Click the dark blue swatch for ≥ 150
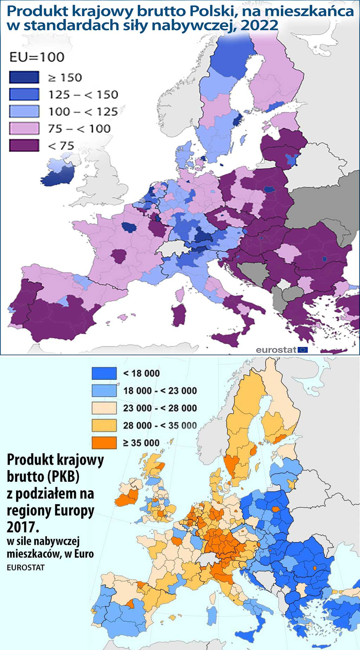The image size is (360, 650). [24, 77]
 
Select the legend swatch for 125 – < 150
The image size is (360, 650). [24, 94]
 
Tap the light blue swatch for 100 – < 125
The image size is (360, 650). [24, 111]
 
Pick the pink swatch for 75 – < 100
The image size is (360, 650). [24, 128]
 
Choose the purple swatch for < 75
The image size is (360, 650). [24, 145]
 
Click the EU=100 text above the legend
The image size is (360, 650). [37, 57]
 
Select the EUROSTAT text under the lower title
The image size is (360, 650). [26, 567]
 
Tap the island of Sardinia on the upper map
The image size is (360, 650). [179, 314]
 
